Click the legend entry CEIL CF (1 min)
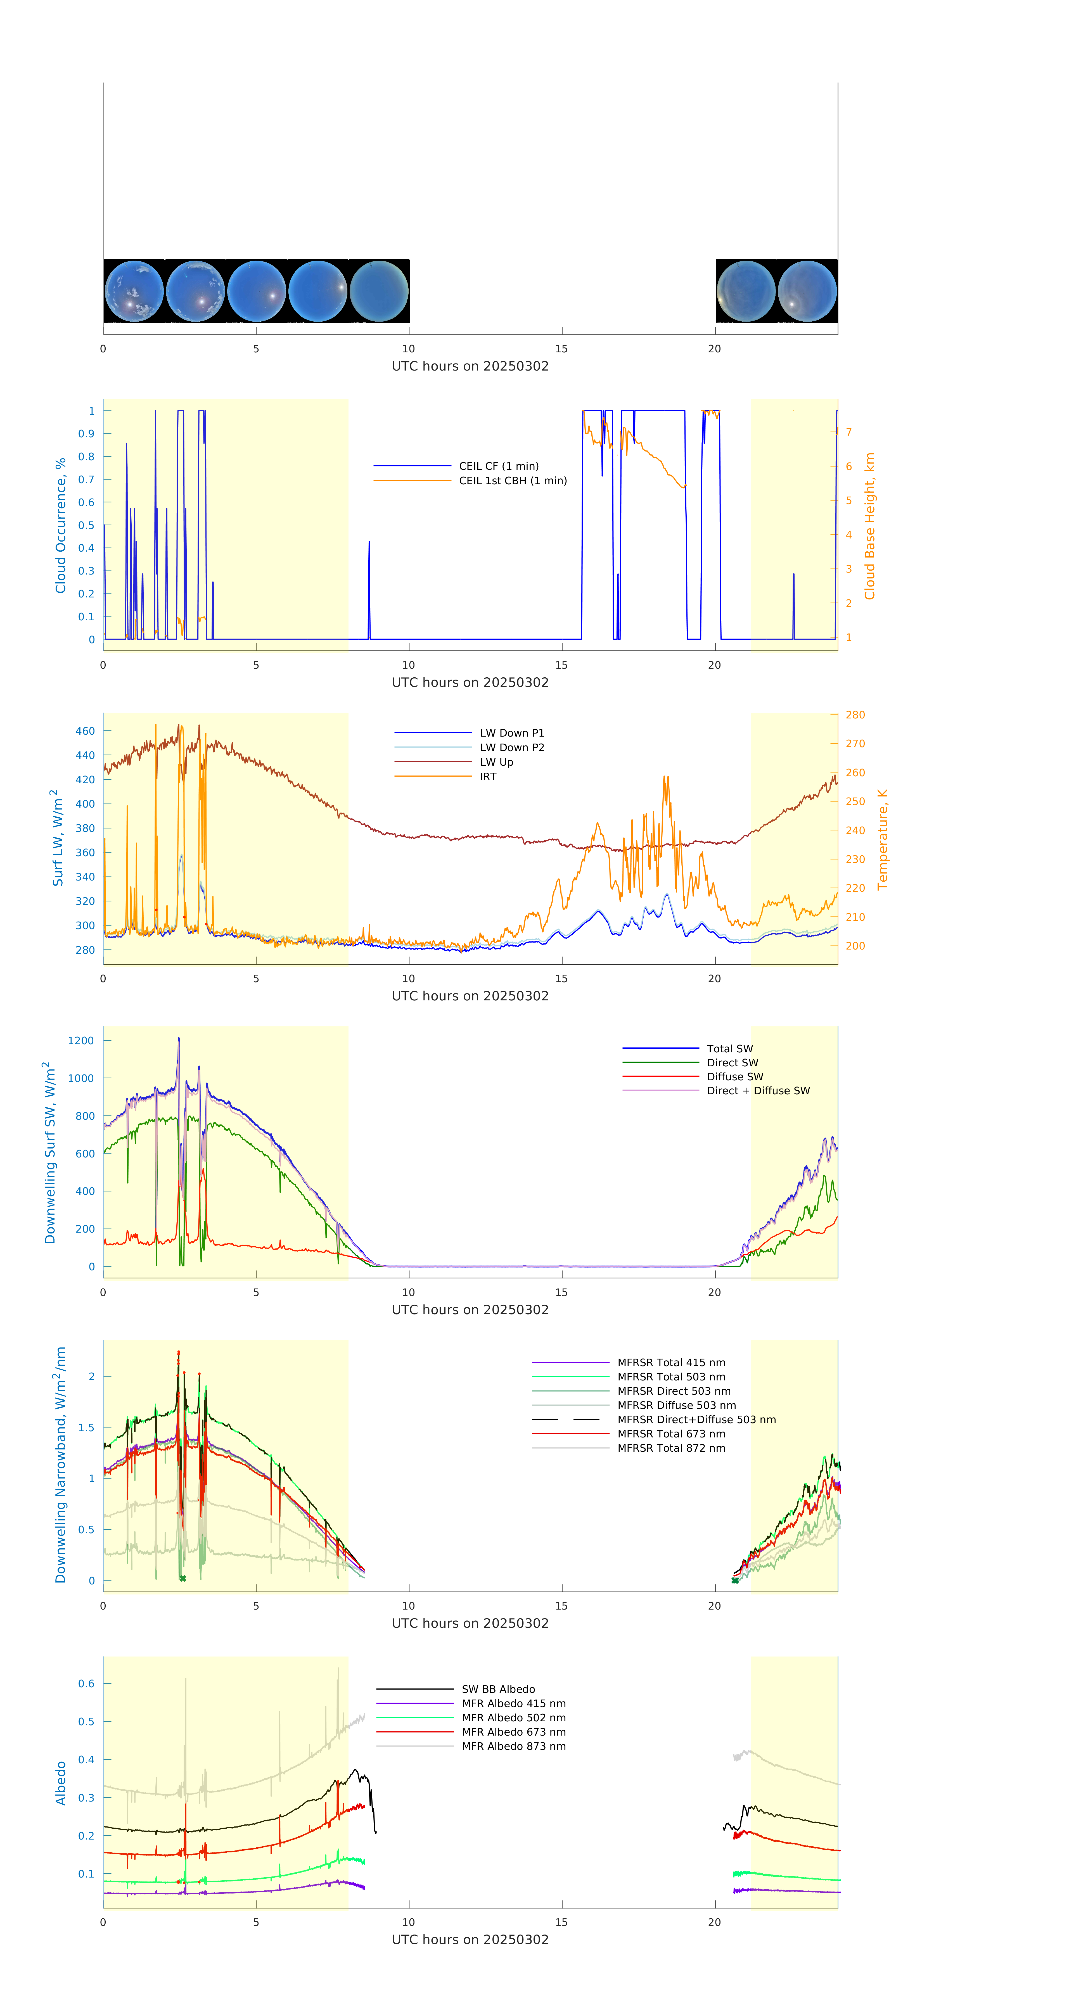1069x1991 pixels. [x=499, y=466]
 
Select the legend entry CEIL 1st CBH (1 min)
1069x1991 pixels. [x=513, y=481]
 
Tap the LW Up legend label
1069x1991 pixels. [x=496, y=762]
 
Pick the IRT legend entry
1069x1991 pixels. [x=488, y=777]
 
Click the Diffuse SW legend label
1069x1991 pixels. [x=734, y=1077]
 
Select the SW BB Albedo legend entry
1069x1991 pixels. [x=498, y=1689]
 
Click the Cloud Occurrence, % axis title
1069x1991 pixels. [x=60, y=526]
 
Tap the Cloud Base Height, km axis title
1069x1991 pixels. [x=869, y=526]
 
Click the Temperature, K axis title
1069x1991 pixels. [x=882, y=839]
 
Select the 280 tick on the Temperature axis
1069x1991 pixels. [x=855, y=715]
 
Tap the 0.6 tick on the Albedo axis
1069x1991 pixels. [x=86, y=1683]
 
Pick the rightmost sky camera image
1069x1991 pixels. [x=807, y=291]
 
